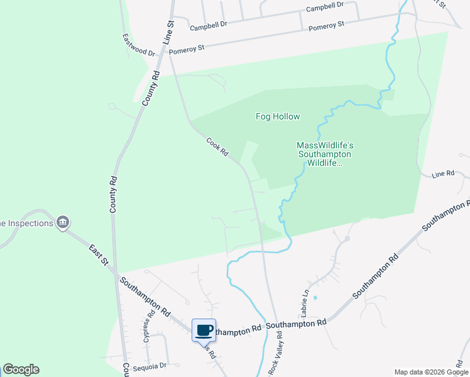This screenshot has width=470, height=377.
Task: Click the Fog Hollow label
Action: pos(277,116)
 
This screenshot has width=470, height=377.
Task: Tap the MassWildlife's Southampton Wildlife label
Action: pos(324,154)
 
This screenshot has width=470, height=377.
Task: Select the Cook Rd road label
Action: pos(217,148)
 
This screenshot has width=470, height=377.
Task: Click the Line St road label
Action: pos(168,31)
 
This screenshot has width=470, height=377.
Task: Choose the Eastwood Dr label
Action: pos(138,45)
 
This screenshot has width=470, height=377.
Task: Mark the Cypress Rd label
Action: pos(150,325)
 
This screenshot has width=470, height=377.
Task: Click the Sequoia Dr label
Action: pos(154,365)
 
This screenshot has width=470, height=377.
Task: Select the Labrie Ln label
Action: pos(305,302)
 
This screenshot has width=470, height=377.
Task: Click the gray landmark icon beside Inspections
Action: pos(62,222)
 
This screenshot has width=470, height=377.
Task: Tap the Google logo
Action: pos(21,369)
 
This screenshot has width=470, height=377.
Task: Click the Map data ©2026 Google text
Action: pos(430,372)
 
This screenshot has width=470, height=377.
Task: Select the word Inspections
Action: pos(28,223)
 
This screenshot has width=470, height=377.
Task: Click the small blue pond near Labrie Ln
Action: pos(315,297)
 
